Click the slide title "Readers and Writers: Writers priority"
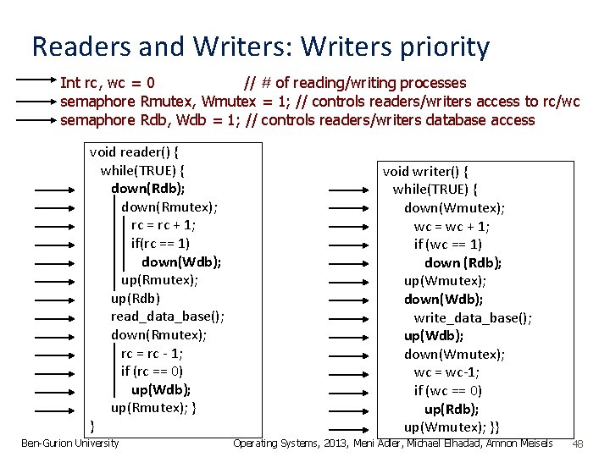[x=259, y=47]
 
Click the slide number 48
[x=579, y=444]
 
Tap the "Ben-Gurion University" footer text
[x=69, y=443]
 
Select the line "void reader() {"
[x=140, y=152]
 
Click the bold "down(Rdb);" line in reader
[x=148, y=188]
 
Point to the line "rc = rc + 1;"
[x=164, y=225]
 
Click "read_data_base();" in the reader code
[x=167, y=317]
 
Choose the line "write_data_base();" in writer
[x=473, y=318]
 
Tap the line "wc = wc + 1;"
[x=452, y=227]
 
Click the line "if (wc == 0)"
[x=448, y=390]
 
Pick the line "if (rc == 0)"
[x=152, y=371]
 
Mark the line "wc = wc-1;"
[x=446, y=372]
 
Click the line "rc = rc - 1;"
[x=152, y=353]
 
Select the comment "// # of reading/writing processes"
[x=354, y=83]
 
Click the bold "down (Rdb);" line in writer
[x=463, y=262]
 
